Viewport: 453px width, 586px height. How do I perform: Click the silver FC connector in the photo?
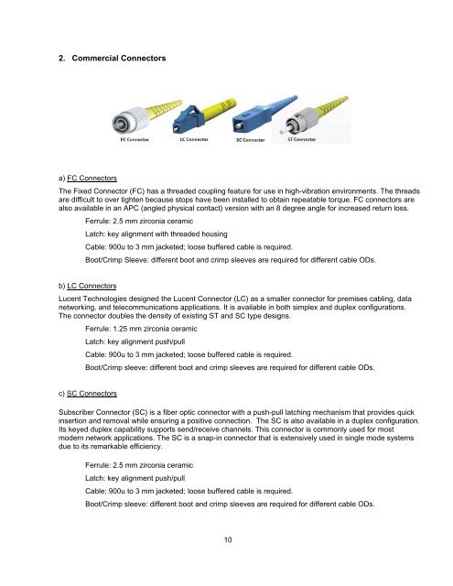124,122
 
